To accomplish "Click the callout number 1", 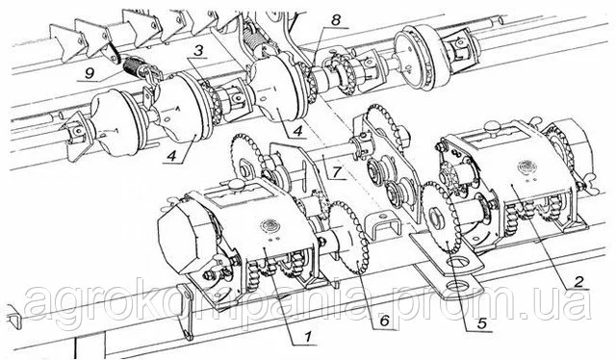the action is pyautogui.click(x=308, y=337).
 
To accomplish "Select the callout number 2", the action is pyautogui.click(x=577, y=281).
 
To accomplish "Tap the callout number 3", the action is pyautogui.click(x=199, y=51).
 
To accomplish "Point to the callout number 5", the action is pyautogui.click(x=481, y=323).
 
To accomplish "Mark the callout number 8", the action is pyautogui.click(x=336, y=20).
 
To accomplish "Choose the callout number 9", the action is pyautogui.click(x=90, y=73).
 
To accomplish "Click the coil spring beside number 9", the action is pyautogui.click(x=133, y=65).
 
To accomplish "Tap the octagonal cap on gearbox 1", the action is pyautogui.click(x=184, y=239).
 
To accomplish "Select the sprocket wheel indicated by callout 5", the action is pyautogui.click(x=441, y=217).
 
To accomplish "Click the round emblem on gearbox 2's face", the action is pyautogui.click(x=526, y=167).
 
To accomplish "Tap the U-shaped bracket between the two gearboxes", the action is pyautogui.click(x=383, y=226).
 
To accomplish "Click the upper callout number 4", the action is pyautogui.click(x=297, y=131).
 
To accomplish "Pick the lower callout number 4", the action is pyautogui.click(x=171, y=156).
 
